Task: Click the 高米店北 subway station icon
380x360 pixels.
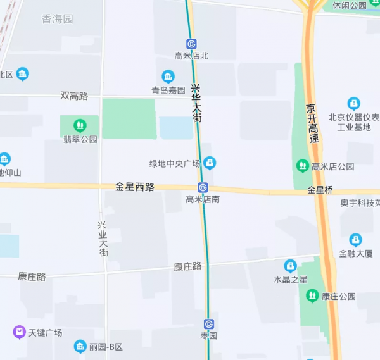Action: coord(192,44)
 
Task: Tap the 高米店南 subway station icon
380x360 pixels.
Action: coord(203,187)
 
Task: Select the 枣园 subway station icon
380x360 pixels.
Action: coord(209,324)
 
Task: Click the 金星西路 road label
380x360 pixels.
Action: coord(135,187)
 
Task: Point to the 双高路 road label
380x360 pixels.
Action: coord(74,96)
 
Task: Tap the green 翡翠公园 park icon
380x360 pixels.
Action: coord(80,125)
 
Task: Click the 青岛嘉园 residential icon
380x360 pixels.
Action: coord(168,77)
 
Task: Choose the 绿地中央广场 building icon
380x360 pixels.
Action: coord(210,163)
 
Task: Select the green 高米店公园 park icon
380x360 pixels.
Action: coord(303,166)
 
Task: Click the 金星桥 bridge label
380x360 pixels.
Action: coord(320,190)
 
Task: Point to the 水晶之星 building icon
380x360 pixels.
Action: coord(291,266)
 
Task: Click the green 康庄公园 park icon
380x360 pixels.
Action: coord(312,295)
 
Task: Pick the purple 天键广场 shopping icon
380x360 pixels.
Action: coord(19,332)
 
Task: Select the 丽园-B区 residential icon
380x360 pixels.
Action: coord(80,347)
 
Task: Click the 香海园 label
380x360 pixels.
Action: coord(58,19)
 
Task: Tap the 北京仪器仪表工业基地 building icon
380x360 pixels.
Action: coord(354,103)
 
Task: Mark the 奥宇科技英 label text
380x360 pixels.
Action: coord(360,203)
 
